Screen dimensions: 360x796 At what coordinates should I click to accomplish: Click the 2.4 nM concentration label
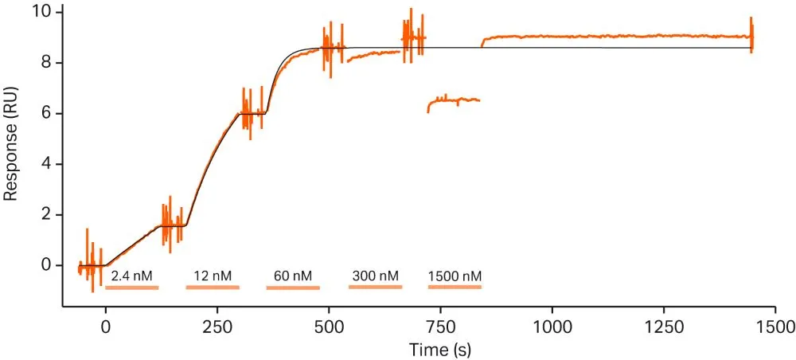tap(132, 276)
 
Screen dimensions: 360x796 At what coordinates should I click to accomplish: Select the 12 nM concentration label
tap(213, 276)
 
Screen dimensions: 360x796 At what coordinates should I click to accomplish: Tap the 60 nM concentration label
tap(293, 276)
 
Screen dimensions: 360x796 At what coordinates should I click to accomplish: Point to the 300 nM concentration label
tap(375, 276)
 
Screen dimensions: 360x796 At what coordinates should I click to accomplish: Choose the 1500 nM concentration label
tap(455, 276)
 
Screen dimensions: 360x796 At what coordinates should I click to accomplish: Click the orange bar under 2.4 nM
tap(132, 287)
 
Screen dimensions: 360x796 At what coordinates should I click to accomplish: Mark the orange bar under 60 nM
tap(293, 287)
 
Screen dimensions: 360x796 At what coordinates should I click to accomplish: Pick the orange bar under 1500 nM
tap(455, 286)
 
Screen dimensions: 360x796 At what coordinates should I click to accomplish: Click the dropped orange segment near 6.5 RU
tap(454, 101)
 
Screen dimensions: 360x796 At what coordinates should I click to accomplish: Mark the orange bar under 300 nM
tap(375, 286)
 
